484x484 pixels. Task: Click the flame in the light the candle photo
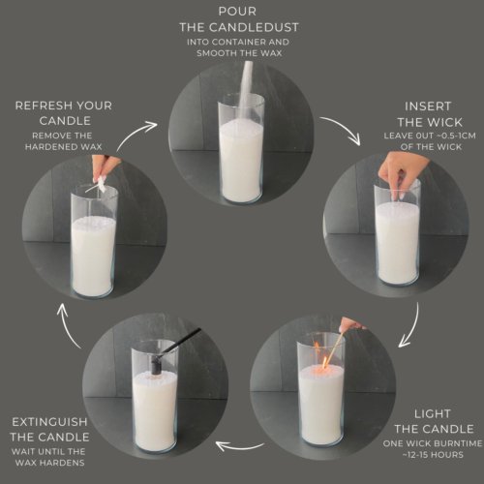(x=319, y=348)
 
